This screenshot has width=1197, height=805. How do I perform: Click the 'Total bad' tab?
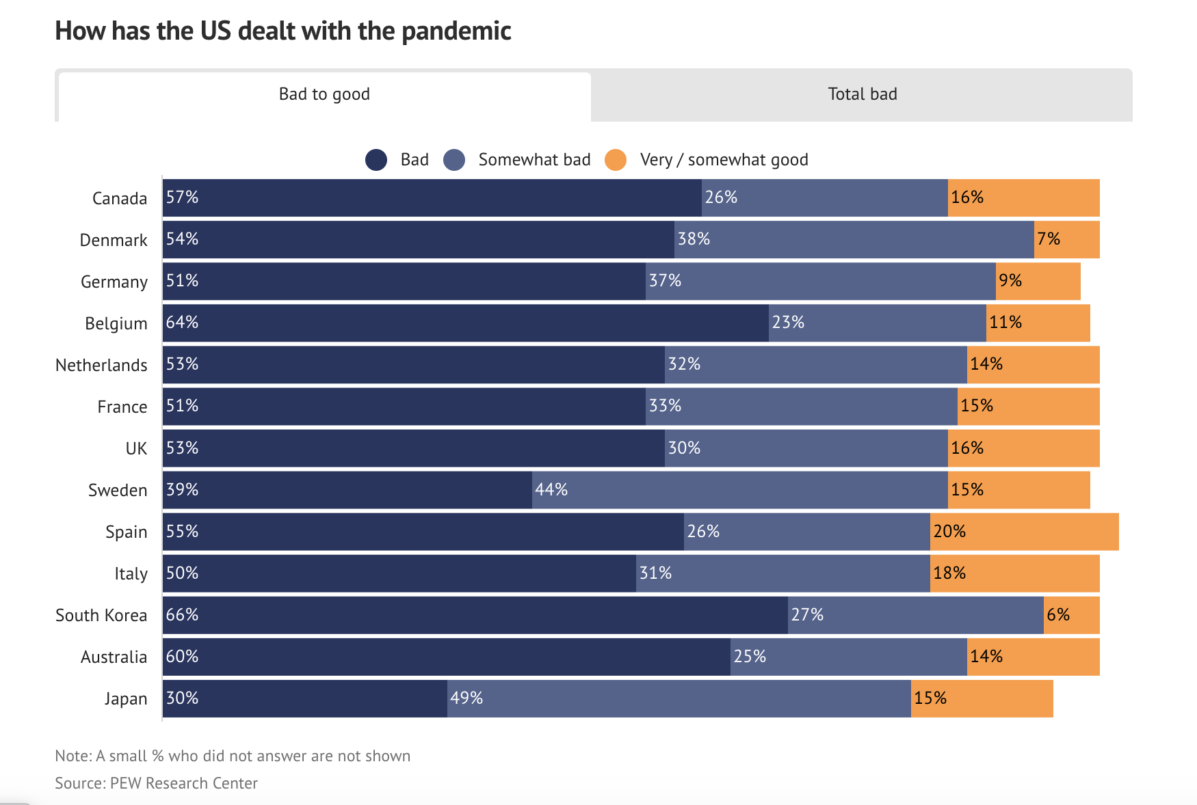(x=862, y=94)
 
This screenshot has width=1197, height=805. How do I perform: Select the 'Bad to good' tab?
(x=324, y=95)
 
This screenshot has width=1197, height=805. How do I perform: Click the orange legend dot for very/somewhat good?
(x=616, y=160)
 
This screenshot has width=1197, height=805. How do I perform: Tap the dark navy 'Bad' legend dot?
(x=376, y=160)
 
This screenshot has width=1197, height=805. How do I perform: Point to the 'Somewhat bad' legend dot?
(x=454, y=160)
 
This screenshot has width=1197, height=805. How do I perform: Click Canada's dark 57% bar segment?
(x=432, y=198)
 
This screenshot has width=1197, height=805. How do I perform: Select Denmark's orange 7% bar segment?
(x=1067, y=240)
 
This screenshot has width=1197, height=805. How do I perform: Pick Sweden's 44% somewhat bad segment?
(x=740, y=490)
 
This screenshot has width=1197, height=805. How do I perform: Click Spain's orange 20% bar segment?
(x=1025, y=532)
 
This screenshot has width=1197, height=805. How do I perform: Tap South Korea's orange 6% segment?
(x=1072, y=615)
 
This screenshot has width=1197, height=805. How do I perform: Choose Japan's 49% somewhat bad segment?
(x=679, y=698)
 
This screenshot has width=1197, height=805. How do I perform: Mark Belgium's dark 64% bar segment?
(x=466, y=323)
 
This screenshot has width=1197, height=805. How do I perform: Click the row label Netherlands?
(x=101, y=365)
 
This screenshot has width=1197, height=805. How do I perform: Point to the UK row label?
(x=136, y=448)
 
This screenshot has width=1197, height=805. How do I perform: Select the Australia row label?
(x=114, y=657)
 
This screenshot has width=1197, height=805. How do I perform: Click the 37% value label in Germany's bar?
(x=665, y=281)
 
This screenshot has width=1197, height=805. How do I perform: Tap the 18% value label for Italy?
(x=949, y=573)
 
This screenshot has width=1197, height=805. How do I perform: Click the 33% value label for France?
(x=665, y=406)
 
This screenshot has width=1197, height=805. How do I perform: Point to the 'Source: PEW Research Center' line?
(x=157, y=783)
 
